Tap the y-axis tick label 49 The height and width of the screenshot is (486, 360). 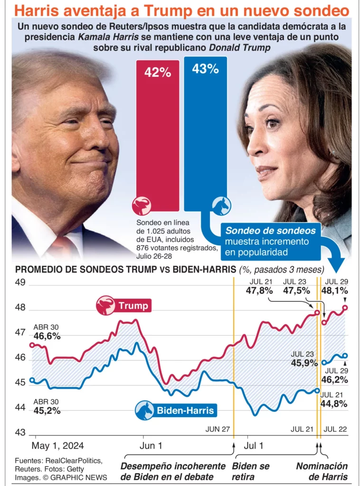point(21,283)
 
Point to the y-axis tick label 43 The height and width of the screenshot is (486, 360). point(21,433)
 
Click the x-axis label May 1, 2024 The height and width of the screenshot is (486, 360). point(57,446)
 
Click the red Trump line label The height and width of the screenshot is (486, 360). point(133,306)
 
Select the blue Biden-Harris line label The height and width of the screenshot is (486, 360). point(185,411)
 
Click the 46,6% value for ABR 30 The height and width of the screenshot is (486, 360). point(47,336)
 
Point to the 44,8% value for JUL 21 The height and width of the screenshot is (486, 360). point(333,404)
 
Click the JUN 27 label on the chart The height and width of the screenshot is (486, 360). point(218,429)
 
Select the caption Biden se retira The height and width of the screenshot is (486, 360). point(251,471)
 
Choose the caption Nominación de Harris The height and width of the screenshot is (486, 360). point(322,471)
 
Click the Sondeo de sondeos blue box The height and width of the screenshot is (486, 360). point(271,241)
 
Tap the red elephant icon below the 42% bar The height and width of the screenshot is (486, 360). point(142,205)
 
